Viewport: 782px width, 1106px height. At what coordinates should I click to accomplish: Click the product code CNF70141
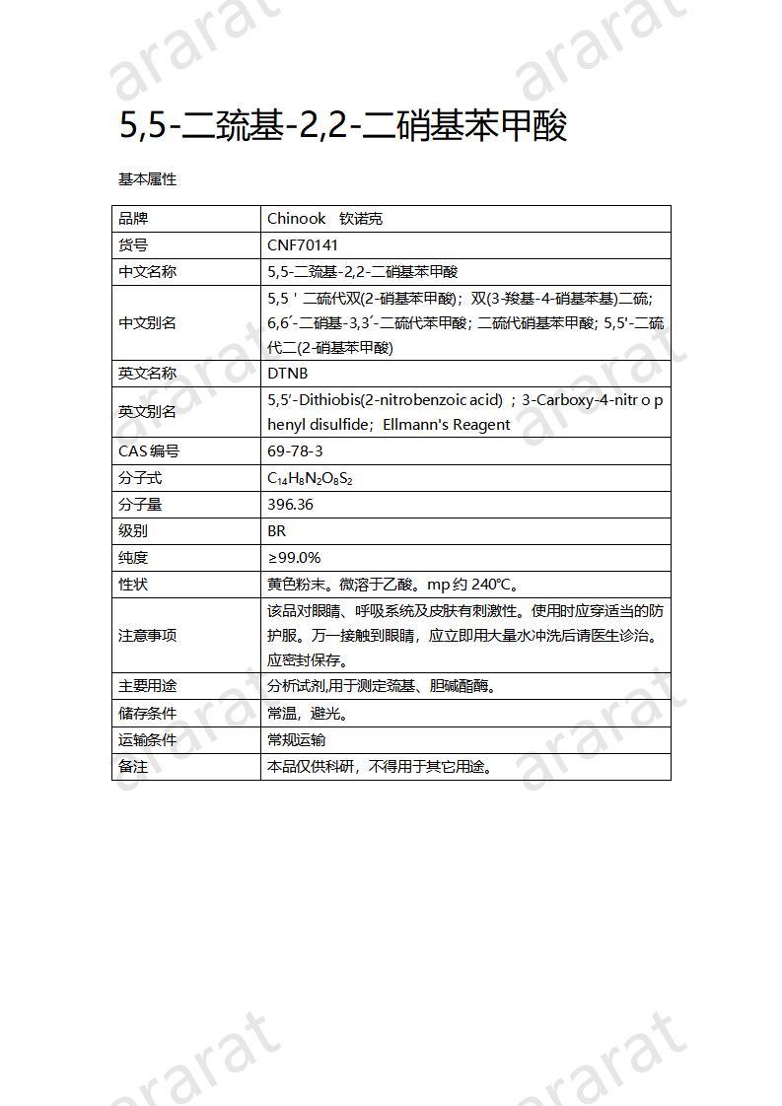click(303, 245)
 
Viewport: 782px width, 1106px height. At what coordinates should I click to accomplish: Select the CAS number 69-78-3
click(295, 451)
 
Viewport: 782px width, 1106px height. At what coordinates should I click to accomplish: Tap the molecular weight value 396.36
click(291, 505)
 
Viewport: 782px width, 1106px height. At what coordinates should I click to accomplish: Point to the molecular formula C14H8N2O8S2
click(310, 478)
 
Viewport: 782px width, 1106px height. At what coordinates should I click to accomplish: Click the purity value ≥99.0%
click(294, 558)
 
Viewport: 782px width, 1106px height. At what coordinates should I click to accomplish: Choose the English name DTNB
click(288, 374)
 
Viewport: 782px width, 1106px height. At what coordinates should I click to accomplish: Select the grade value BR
click(277, 531)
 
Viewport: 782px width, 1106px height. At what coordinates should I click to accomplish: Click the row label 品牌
click(133, 219)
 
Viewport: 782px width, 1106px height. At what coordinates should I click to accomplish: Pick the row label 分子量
click(141, 505)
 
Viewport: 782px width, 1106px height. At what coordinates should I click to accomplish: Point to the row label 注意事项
click(148, 636)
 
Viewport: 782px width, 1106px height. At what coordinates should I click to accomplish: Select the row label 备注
click(133, 766)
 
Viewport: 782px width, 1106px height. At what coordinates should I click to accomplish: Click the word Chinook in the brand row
click(297, 219)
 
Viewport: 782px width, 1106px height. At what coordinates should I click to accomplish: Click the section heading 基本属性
click(148, 179)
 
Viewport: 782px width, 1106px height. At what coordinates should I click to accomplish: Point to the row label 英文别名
click(148, 412)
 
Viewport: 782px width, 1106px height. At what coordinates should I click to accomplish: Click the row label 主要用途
click(148, 686)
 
